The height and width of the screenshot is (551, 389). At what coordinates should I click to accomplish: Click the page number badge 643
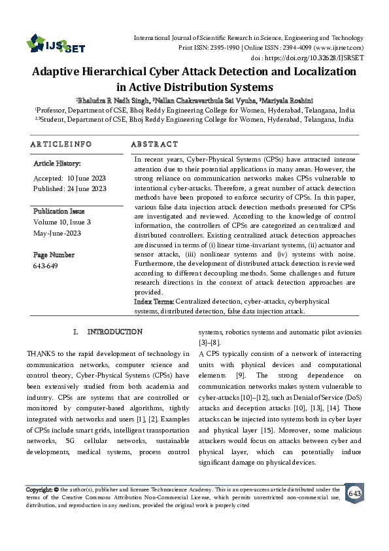pos(354,493)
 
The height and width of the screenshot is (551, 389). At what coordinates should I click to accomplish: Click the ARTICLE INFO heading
pos(61,144)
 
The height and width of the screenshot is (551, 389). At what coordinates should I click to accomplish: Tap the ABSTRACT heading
pos(154,144)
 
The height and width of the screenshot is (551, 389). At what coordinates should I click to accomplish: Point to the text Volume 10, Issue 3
pos(62,222)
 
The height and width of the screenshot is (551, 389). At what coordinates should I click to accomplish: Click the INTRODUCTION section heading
pos(114,332)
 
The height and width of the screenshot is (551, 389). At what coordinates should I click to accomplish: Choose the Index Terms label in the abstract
pos(154,302)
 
